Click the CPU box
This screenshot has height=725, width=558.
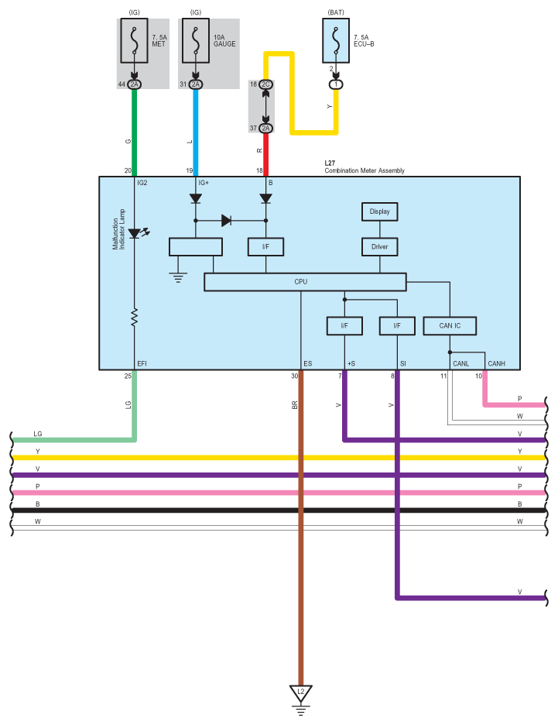tap(305, 282)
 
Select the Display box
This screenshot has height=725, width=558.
tap(380, 211)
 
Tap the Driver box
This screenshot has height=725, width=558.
tap(380, 247)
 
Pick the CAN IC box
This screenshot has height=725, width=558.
tap(450, 326)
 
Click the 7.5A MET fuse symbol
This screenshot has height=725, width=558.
tap(135, 41)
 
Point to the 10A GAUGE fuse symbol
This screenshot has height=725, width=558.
tap(196, 41)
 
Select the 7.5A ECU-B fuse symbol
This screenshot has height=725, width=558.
tap(336, 41)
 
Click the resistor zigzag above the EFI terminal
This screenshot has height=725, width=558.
tap(135, 318)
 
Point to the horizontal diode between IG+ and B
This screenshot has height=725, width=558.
tap(226, 221)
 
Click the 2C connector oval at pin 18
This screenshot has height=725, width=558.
tap(265, 84)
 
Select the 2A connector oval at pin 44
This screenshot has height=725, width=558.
tap(135, 84)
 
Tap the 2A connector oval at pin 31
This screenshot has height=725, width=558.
tap(196, 84)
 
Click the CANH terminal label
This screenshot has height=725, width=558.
tap(497, 364)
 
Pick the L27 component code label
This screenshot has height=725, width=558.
tap(330, 163)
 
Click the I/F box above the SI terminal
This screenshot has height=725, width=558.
tap(397, 326)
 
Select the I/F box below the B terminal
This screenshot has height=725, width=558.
tap(265, 247)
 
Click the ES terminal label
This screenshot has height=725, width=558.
tap(308, 364)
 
